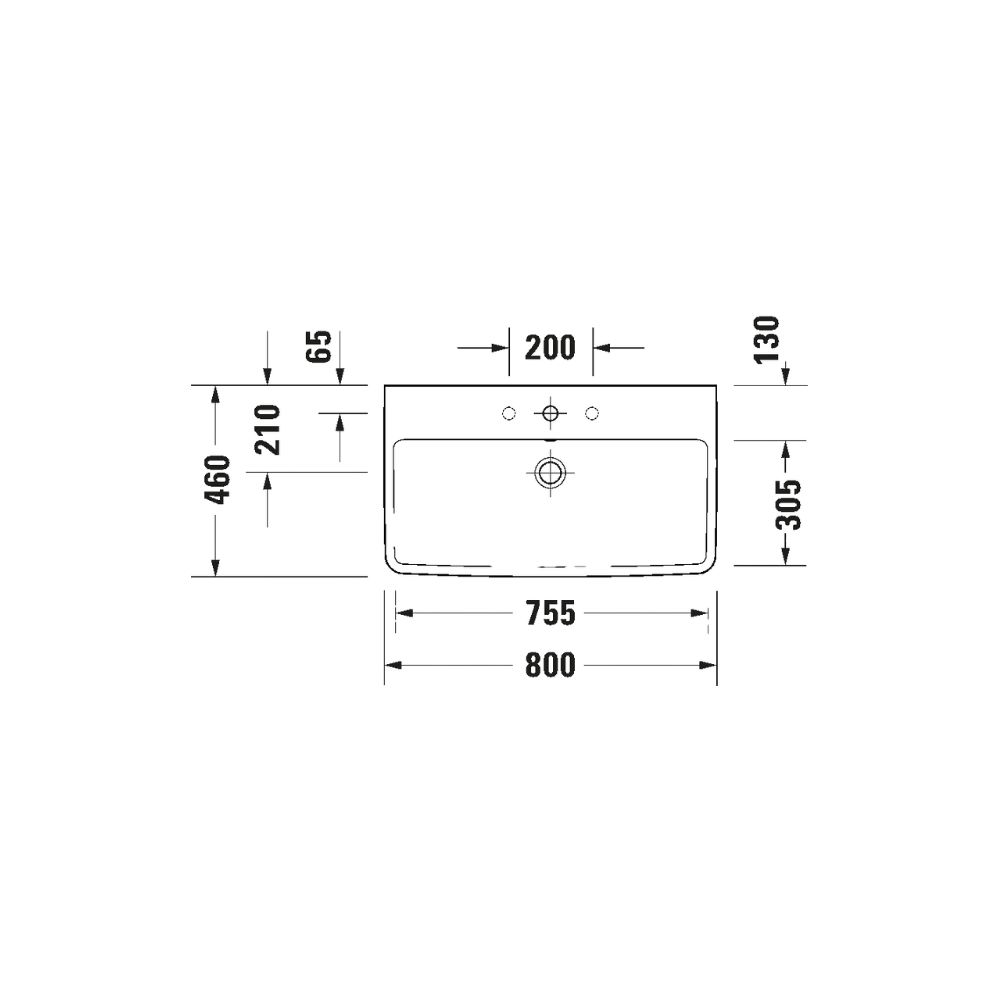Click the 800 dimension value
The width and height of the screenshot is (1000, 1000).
550,665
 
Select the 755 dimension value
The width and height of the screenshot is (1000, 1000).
550,613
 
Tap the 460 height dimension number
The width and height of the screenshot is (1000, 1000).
217,480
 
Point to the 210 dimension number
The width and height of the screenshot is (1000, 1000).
268,430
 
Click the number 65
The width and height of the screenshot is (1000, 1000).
320,347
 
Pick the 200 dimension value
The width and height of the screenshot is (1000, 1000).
550,348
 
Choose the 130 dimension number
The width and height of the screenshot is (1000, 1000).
767,340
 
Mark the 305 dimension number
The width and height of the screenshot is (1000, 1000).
788,504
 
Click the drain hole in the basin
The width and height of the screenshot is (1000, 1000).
550,473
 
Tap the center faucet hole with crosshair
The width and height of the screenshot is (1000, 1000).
550,414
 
